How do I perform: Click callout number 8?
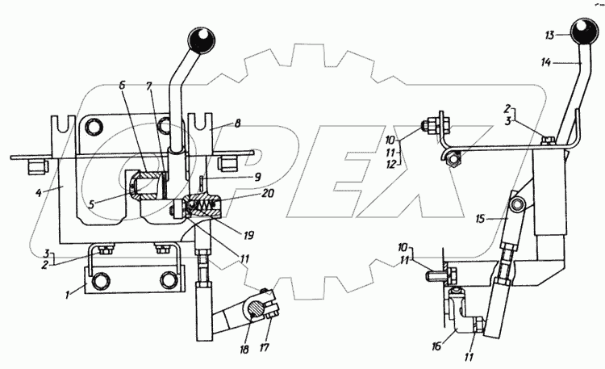(238, 125)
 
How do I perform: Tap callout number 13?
(549, 36)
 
